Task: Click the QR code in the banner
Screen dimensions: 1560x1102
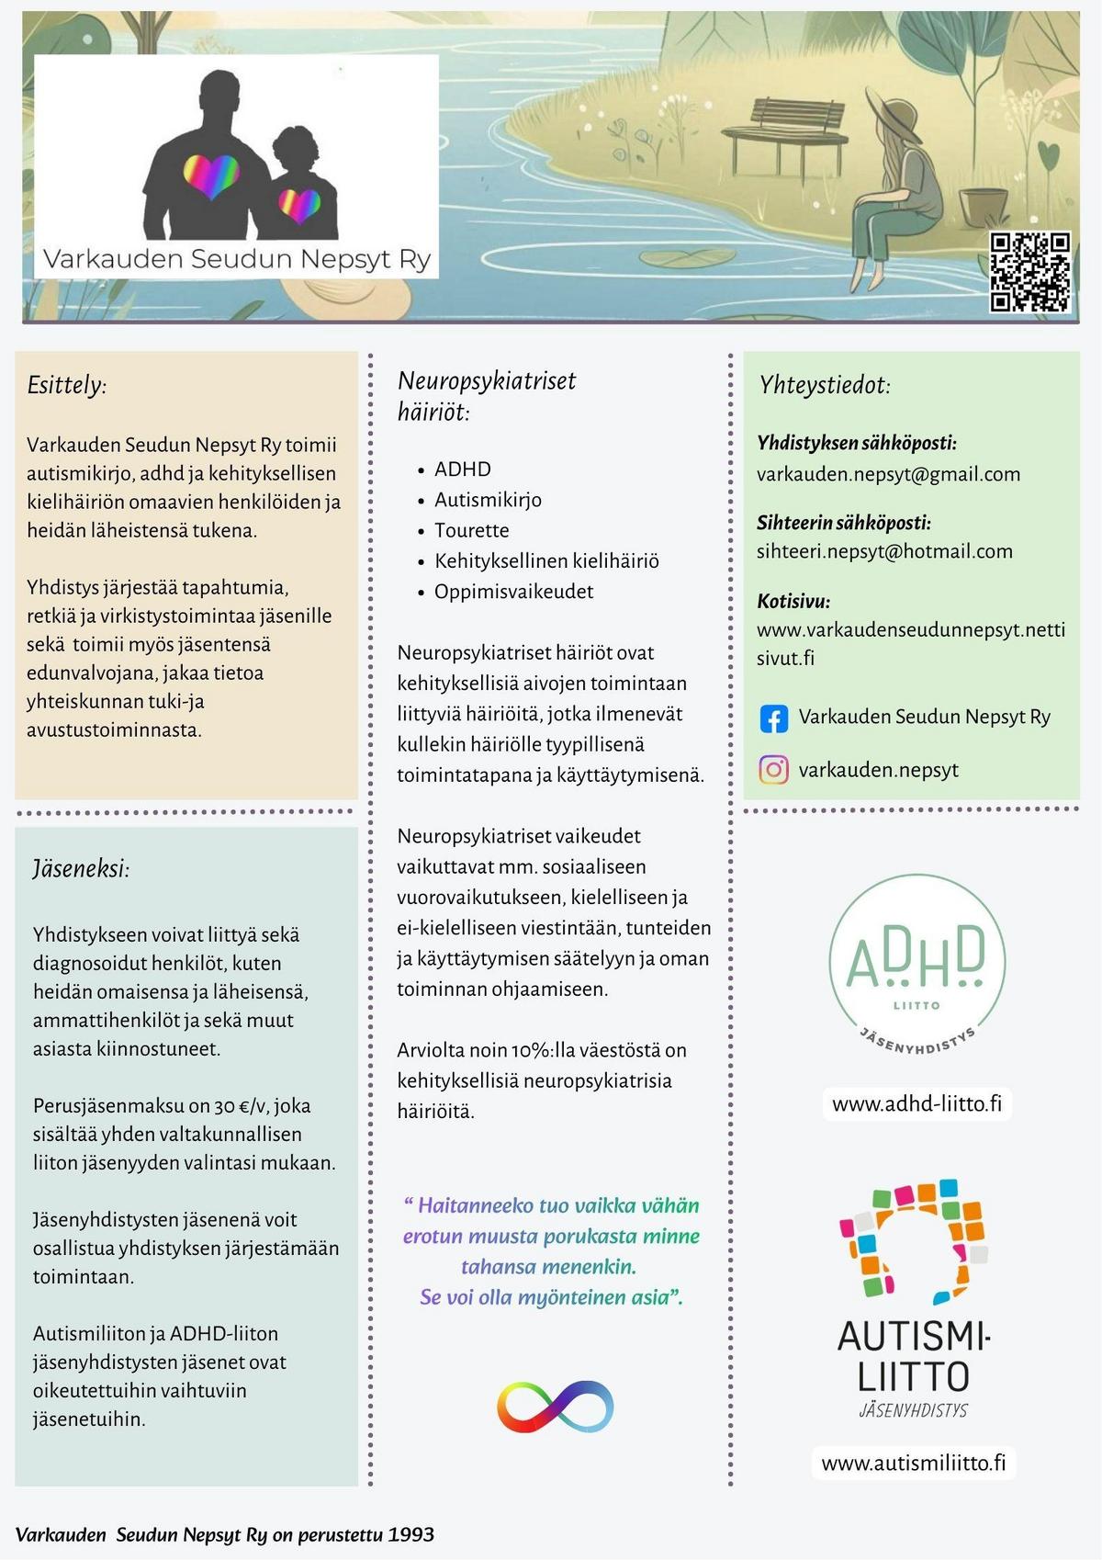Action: [x=1029, y=272]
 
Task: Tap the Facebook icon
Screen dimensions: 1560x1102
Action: [x=774, y=718]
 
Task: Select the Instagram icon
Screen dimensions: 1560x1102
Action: [x=774, y=769]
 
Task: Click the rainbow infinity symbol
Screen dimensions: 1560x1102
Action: [x=555, y=1406]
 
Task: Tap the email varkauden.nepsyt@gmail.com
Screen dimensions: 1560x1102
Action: [x=888, y=474]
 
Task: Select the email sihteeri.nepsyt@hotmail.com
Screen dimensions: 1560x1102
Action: [x=884, y=551]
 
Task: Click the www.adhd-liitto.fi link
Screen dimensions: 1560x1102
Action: [x=916, y=1103]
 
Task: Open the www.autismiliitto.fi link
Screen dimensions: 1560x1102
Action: [x=913, y=1463]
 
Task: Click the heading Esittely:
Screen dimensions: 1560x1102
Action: [x=67, y=385]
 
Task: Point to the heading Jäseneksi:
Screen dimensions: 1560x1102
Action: [x=81, y=868]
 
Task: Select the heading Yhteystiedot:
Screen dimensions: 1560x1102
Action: [x=824, y=385]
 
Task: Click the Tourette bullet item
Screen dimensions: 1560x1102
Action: [x=471, y=530]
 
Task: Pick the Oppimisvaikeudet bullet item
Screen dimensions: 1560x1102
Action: [x=513, y=592]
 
